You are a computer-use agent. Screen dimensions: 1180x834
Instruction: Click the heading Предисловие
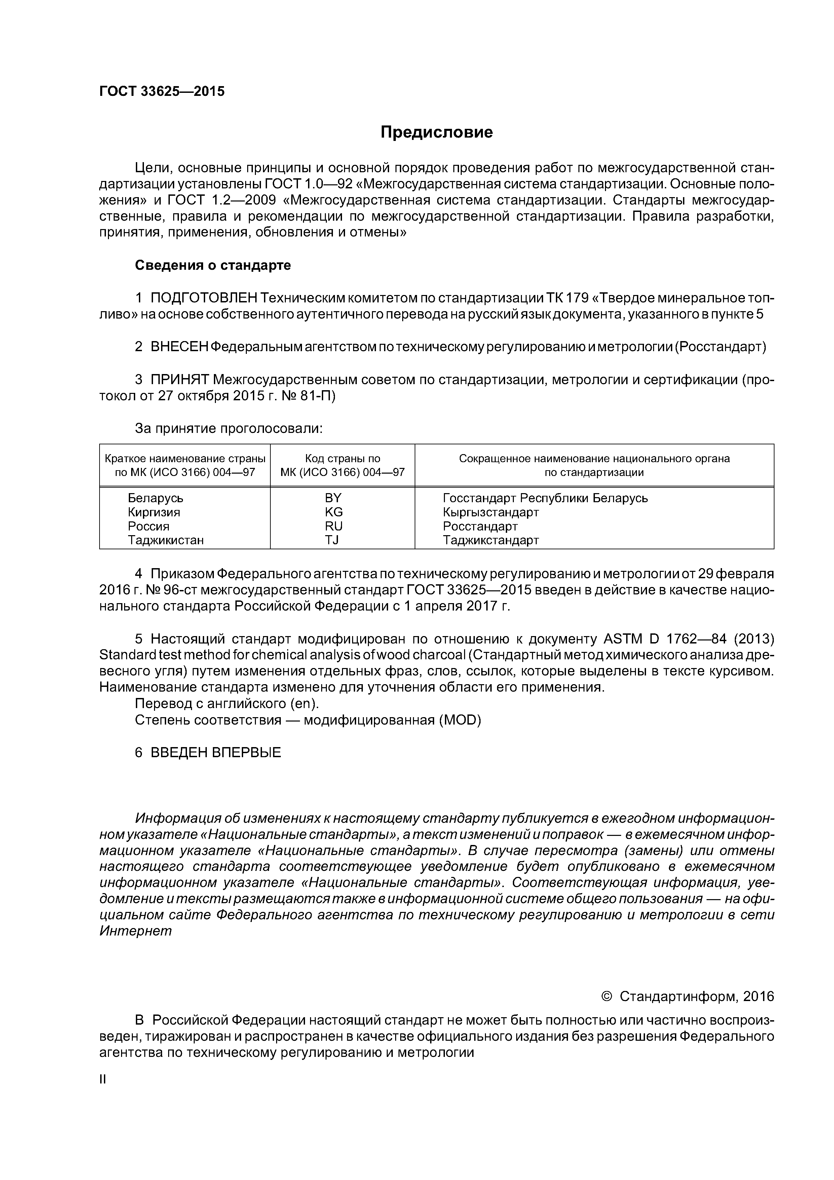(436, 133)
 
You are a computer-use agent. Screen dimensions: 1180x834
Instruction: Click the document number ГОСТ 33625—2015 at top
(162, 91)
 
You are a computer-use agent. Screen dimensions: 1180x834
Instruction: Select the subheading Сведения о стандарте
(213, 265)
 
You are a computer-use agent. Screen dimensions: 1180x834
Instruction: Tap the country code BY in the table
(333, 498)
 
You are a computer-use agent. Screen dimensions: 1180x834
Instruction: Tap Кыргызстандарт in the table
(490, 512)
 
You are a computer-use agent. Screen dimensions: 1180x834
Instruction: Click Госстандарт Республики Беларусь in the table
(545, 498)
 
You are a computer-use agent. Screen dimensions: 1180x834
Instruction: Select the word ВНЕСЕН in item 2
(179, 347)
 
